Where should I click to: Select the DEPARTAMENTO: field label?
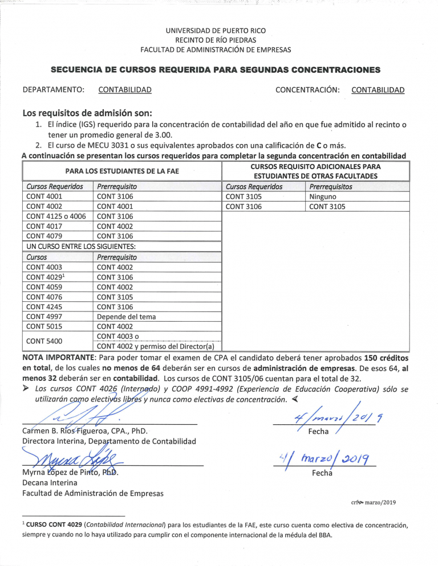(x=53, y=90)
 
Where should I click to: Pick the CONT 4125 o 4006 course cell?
(x=56, y=216)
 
